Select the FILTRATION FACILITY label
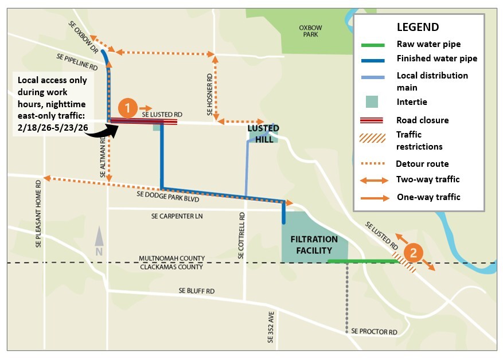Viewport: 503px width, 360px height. click(x=315, y=245)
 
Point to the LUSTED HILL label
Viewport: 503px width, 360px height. click(x=263, y=133)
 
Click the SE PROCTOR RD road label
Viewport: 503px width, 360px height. click(x=374, y=332)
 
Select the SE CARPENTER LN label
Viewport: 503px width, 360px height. click(x=178, y=216)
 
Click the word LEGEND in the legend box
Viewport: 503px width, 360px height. click(x=418, y=27)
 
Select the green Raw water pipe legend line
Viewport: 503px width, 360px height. click(x=373, y=44)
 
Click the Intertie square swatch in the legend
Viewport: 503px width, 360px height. click(x=373, y=101)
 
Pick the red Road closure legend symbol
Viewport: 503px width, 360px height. click(x=373, y=120)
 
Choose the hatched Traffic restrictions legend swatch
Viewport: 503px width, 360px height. click(x=373, y=138)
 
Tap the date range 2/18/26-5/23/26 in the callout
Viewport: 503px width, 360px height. click(x=52, y=127)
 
